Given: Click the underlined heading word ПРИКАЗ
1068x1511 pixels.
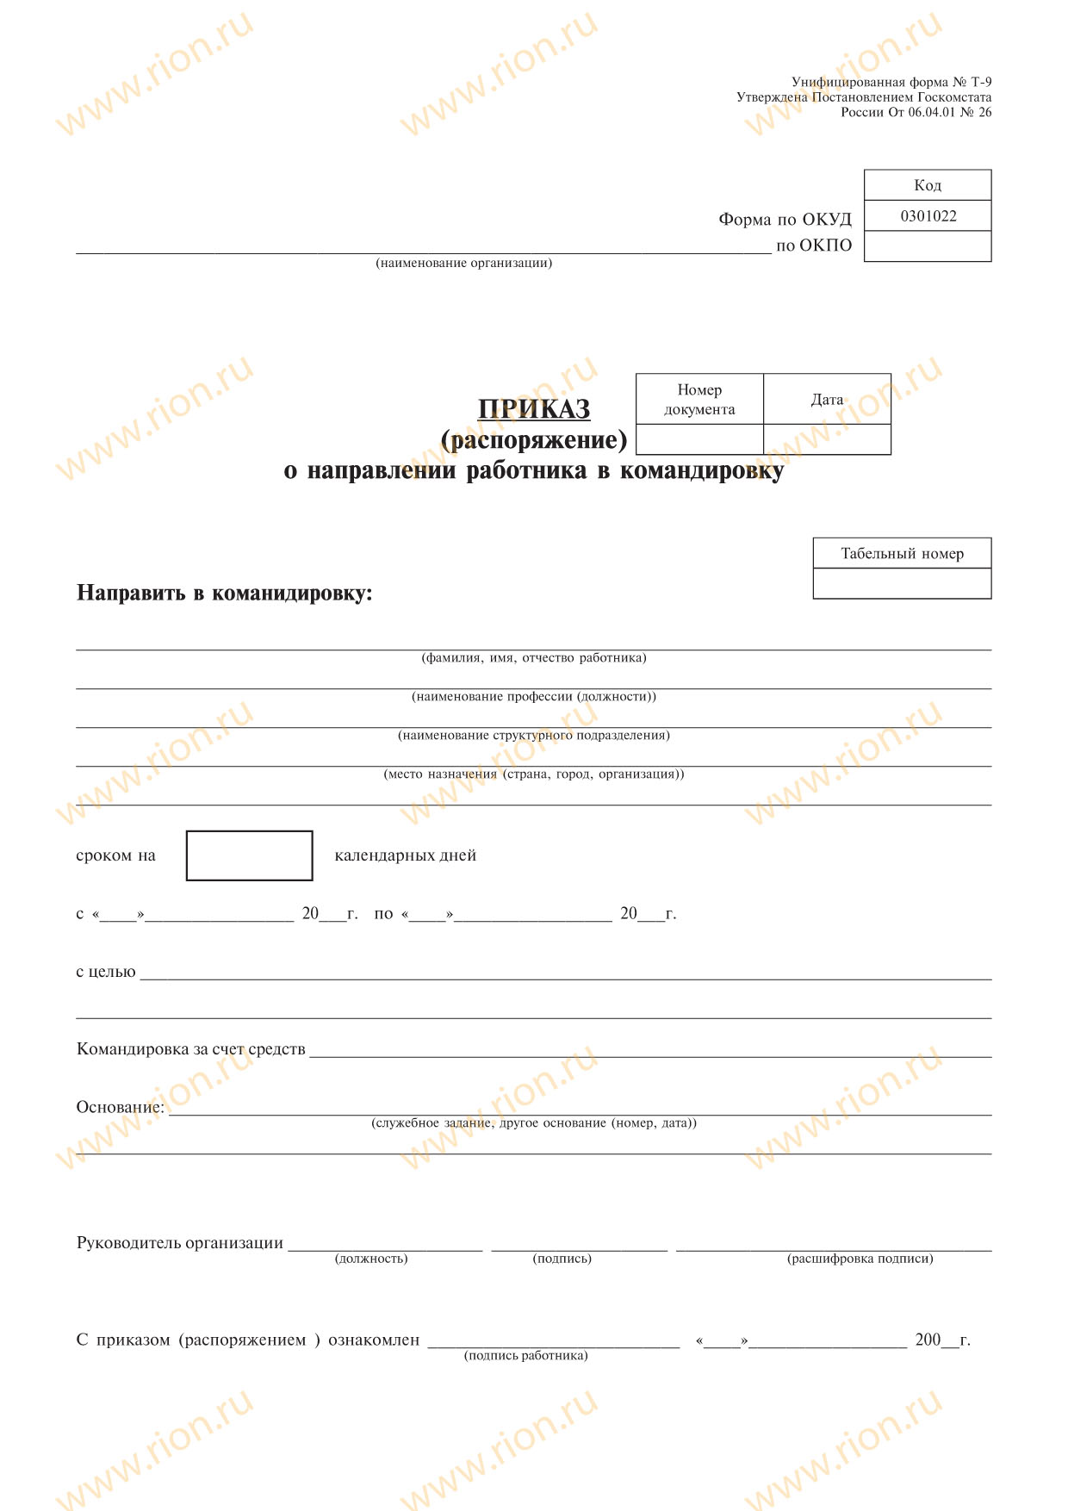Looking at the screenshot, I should tap(534, 408).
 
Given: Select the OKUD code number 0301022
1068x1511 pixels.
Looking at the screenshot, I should tap(928, 216).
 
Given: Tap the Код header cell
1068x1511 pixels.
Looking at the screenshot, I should tap(928, 185).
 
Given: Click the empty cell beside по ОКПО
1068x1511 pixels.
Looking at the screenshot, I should tap(928, 246).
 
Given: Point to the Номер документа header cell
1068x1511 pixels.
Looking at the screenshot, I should tap(699, 399).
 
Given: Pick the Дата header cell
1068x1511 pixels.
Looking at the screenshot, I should tap(827, 399).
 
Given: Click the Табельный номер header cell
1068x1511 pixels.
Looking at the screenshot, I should tap(902, 553).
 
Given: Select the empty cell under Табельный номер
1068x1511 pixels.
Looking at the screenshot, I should tap(902, 584).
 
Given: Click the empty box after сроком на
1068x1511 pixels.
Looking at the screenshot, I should tap(249, 855).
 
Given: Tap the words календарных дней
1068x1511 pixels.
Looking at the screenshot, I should tap(405, 855).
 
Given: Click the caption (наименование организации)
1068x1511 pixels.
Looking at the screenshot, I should tap(463, 263).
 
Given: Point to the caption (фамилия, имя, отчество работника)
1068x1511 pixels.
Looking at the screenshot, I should tap(534, 658).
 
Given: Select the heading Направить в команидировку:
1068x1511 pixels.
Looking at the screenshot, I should tap(225, 593).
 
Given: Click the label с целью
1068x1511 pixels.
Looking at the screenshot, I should tap(106, 972).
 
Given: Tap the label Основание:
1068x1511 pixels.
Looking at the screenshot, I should tap(120, 1107).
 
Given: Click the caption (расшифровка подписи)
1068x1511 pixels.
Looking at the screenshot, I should tap(860, 1259).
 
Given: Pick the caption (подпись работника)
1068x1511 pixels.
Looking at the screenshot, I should tap(525, 1356).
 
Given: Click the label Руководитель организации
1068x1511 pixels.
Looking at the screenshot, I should tap(180, 1243).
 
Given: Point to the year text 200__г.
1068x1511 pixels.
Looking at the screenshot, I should tap(942, 1340).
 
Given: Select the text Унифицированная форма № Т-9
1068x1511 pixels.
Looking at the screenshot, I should tap(891, 82).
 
